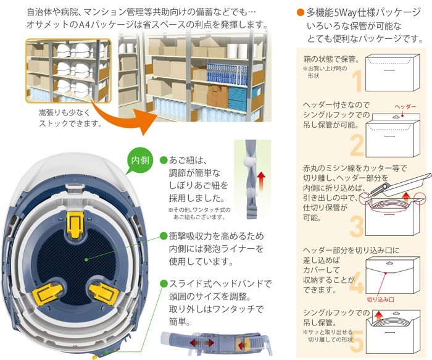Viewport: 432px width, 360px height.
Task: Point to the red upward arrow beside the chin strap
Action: (260, 182)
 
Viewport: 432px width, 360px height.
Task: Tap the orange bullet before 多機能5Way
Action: (300, 12)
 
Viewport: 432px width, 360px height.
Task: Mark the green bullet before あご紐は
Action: (164, 159)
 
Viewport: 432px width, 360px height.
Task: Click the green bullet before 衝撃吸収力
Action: (164, 235)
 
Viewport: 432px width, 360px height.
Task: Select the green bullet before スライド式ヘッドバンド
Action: (164, 283)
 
